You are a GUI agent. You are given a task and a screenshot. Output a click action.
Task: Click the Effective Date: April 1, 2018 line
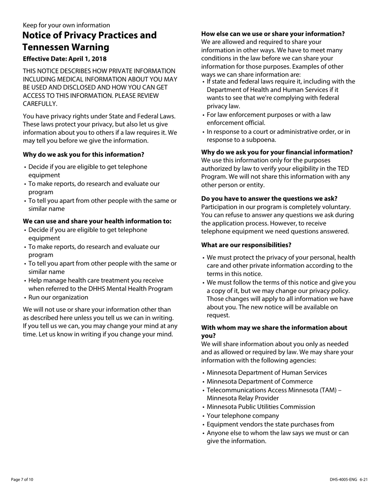[x=65, y=59]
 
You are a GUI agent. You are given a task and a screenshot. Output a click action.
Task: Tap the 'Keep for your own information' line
[x=66, y=25]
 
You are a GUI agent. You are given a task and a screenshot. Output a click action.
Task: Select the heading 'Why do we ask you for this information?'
[x=83, y=154]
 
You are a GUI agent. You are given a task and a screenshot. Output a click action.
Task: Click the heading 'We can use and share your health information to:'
[x=97, y=221]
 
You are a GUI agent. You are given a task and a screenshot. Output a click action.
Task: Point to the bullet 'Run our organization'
[x=58, y=297]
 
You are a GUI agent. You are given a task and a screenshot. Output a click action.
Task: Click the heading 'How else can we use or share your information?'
[x=273, y=34]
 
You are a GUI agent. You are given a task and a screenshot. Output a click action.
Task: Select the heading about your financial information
[x=277, y=152]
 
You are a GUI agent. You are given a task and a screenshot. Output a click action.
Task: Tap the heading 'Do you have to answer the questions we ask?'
[x=269, y=198]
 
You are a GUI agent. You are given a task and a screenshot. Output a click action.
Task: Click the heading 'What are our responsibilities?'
[x=246, y=245]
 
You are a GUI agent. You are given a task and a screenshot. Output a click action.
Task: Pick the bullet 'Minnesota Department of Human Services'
[x=266, y=372]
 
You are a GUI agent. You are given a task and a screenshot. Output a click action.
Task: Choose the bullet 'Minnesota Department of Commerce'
[x=260, y=381]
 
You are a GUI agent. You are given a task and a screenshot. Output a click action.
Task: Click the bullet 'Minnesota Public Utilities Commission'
[x=261, y=407]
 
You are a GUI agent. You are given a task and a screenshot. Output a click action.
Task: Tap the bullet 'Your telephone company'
[x=243, y=416]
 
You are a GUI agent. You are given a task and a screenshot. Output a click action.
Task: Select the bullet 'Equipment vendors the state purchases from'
[x=270, y=424]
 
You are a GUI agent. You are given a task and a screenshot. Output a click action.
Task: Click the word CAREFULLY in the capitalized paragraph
[x=40, y=104]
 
